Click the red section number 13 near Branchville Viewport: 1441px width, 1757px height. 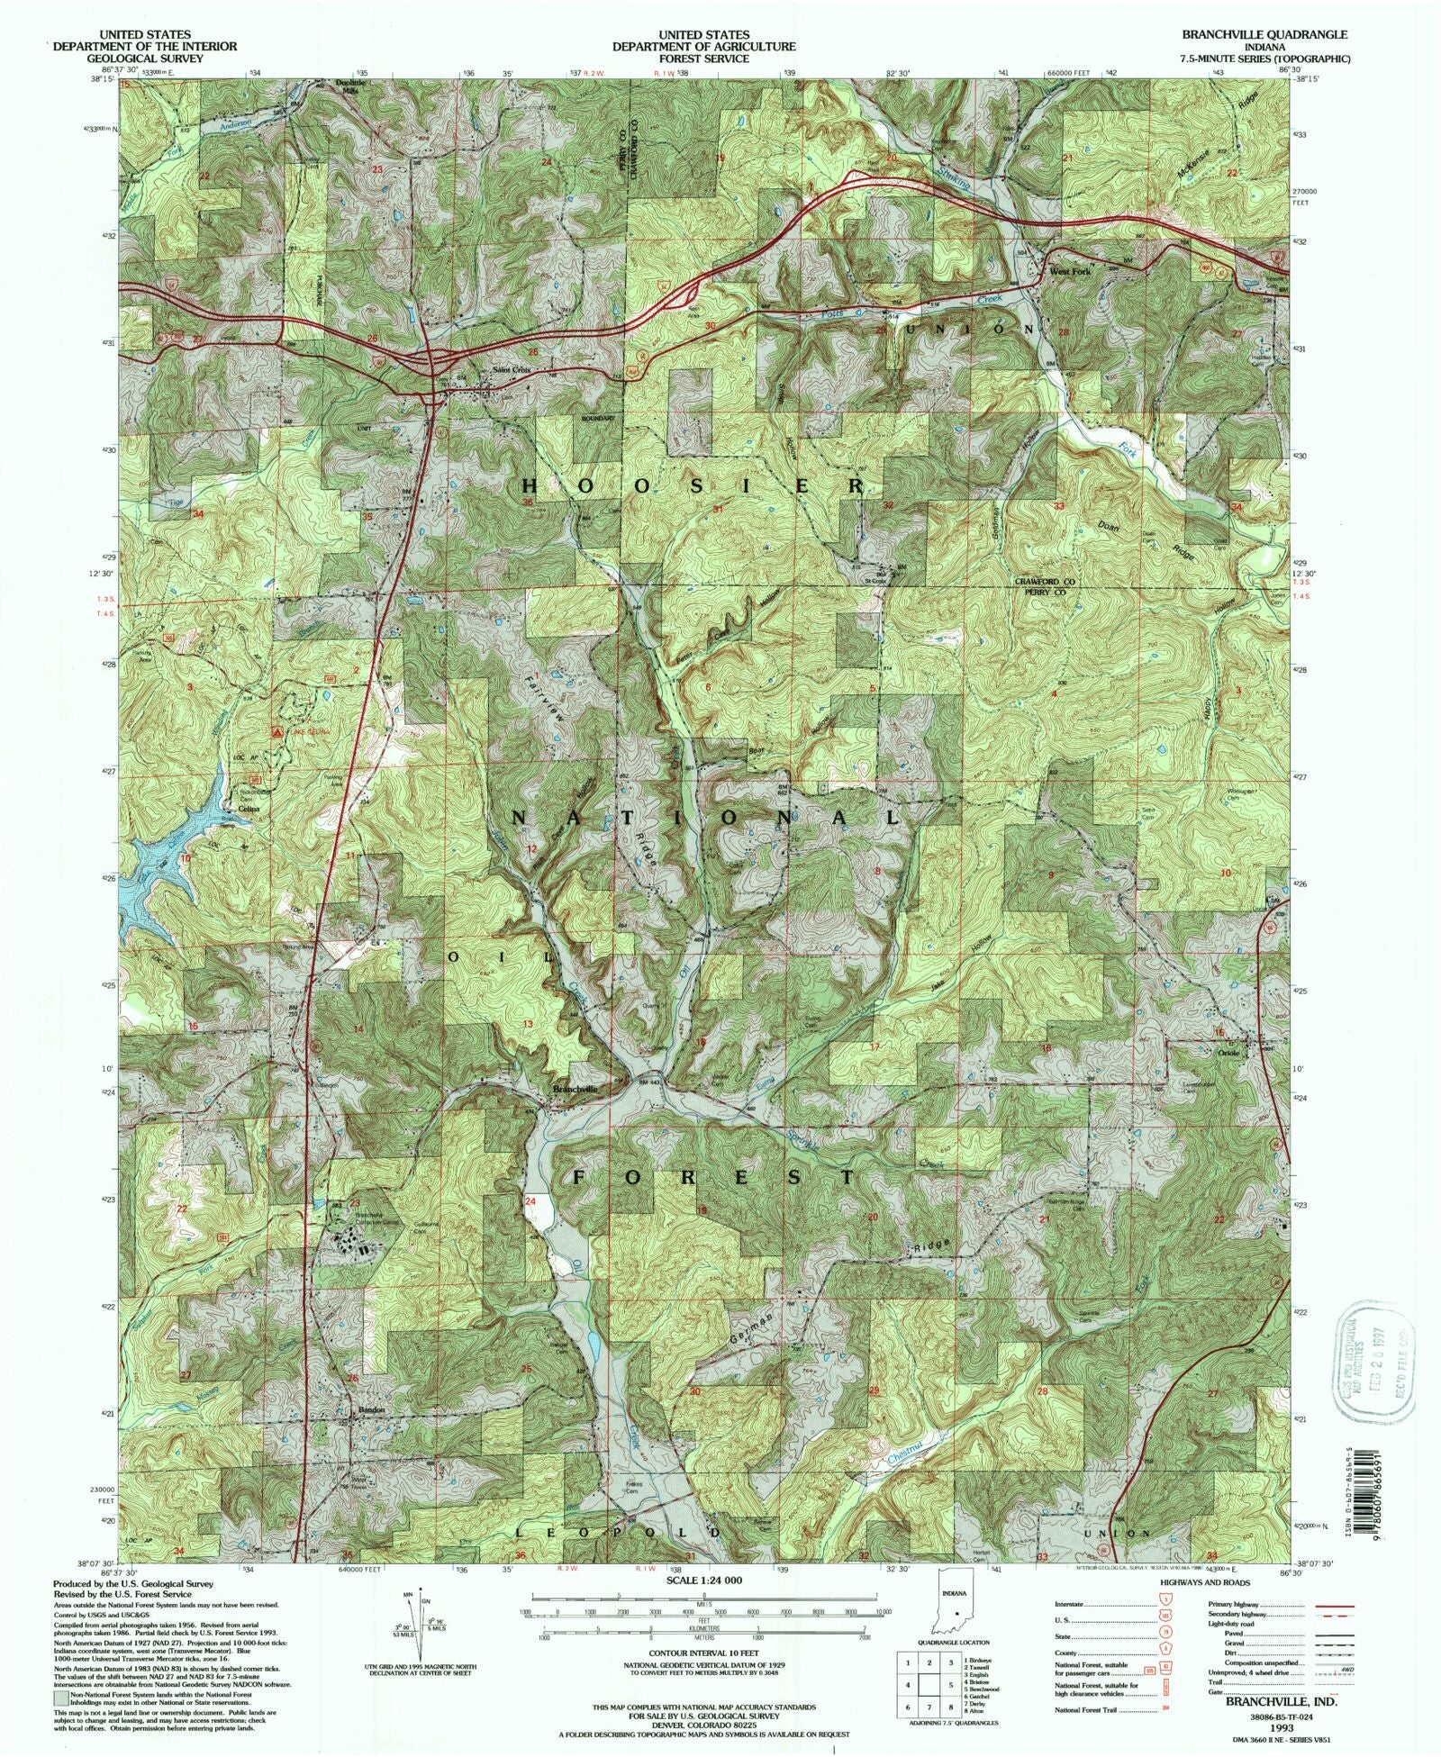(528, 1024)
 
